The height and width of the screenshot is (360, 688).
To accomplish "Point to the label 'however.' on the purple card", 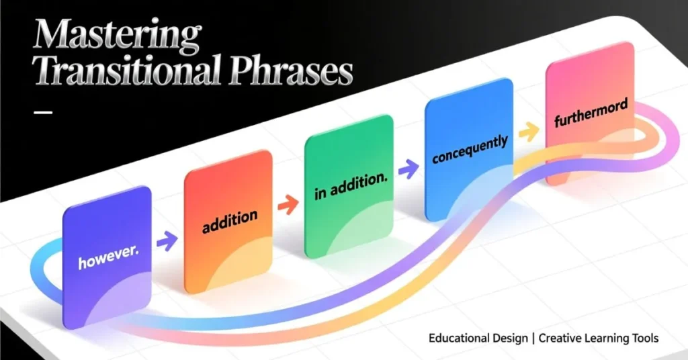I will pyautogui.click(x=104, y=259).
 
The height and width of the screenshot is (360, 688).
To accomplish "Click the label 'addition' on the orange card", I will pyautogui.click(x=230, y=221).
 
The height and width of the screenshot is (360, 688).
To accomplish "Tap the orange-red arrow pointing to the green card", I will pyautogui.click(x=288, y=204).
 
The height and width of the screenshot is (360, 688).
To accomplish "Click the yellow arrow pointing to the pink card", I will pyautogui.click(x=529, y=132).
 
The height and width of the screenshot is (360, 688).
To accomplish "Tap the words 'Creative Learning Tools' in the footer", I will pyautogui.click(x=601, y=338).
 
